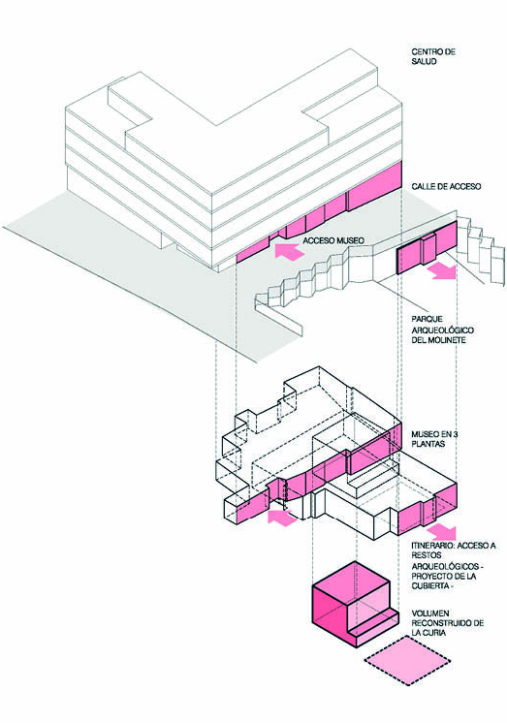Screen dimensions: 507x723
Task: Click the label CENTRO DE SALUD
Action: tap(433, 56)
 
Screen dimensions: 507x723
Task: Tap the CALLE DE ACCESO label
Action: tap(446, 186)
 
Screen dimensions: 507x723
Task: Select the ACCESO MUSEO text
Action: tap(333, 240)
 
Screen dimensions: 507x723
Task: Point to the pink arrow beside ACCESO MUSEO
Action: tap(289, 252)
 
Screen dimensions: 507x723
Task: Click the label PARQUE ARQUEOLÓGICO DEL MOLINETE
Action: tap(442, 330)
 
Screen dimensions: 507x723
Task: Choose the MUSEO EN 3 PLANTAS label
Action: tap(428, 439)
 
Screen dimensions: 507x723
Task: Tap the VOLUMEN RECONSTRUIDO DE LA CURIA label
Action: tap(448, 623)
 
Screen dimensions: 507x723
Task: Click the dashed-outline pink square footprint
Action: tap(407, 660)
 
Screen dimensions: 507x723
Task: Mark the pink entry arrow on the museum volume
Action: tap(282, 518)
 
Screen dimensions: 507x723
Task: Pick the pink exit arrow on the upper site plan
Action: tap(441, 271)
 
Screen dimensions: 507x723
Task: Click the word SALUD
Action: tap(424, 61)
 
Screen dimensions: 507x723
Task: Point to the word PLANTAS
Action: tap(428, 444)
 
